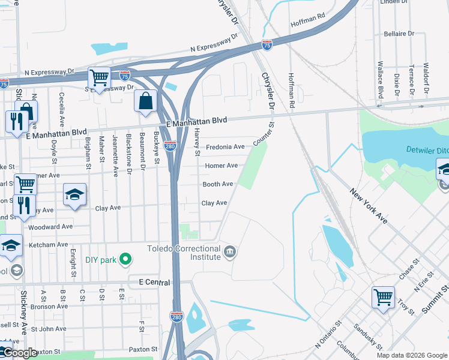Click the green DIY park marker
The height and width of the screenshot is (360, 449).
point(125,259)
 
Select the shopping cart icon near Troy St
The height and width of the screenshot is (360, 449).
point(383,297)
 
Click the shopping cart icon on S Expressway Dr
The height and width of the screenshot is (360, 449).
point(99,77)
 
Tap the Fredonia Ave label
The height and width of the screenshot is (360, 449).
point(225,147)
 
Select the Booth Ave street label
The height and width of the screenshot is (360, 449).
point(218,184)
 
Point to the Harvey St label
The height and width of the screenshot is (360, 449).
point(197,144)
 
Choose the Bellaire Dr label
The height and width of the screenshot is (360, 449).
point(399,34)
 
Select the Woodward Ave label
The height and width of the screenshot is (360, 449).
point(54,227)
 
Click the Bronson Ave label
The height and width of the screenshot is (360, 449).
point(49,307)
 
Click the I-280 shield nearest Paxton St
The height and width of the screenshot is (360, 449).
point(176,316)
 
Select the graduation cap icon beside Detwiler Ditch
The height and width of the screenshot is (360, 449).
point(444,169)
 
